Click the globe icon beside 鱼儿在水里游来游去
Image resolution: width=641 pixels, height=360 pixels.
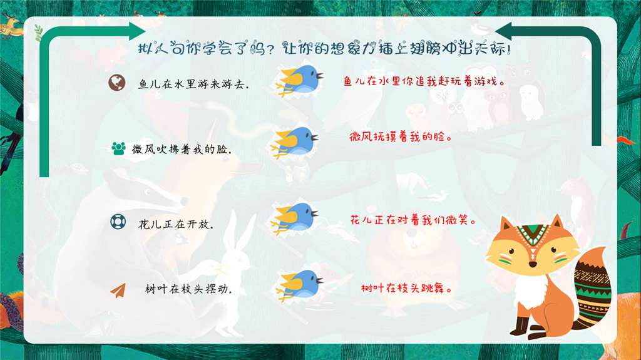[116, 83]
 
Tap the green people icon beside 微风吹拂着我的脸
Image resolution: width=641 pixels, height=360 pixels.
[118, 148]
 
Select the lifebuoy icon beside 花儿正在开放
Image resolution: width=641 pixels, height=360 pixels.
[118, 222]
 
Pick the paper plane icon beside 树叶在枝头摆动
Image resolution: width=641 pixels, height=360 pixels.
[118, 289]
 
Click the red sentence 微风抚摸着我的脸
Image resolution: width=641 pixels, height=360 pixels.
[401, 136]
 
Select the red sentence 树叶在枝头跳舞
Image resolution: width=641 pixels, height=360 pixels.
[407, 289]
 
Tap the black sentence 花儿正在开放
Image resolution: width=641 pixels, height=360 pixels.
[176, 224]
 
